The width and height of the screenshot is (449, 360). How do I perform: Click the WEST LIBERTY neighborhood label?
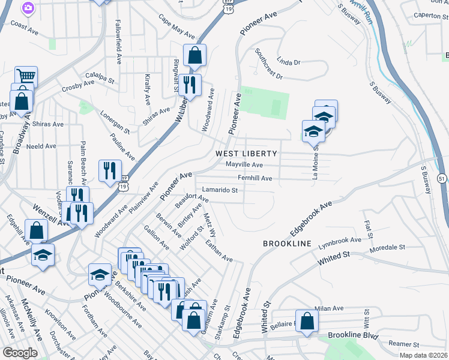click(246, 154)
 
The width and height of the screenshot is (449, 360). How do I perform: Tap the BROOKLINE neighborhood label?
click(287, 244)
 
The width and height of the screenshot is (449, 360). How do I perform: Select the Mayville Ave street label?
click(244, 164)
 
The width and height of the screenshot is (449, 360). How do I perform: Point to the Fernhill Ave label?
click(255, 178)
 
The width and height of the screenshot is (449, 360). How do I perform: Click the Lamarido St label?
click(220, 191)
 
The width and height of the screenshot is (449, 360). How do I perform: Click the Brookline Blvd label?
click(354, 337)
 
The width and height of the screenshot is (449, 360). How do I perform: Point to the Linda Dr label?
click(288, 61)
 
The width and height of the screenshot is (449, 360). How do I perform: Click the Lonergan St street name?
click(115, 121)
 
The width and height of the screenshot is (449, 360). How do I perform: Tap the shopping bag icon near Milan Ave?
click(307, 321)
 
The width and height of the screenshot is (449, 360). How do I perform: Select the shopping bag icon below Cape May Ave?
click(194, 56)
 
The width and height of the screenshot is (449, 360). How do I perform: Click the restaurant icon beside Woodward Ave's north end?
click(190, 86)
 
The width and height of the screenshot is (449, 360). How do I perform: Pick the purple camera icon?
click(27, 8)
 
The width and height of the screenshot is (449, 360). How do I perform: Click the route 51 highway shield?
click(441, 178)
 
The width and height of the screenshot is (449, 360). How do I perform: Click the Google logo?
click(20, 353)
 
